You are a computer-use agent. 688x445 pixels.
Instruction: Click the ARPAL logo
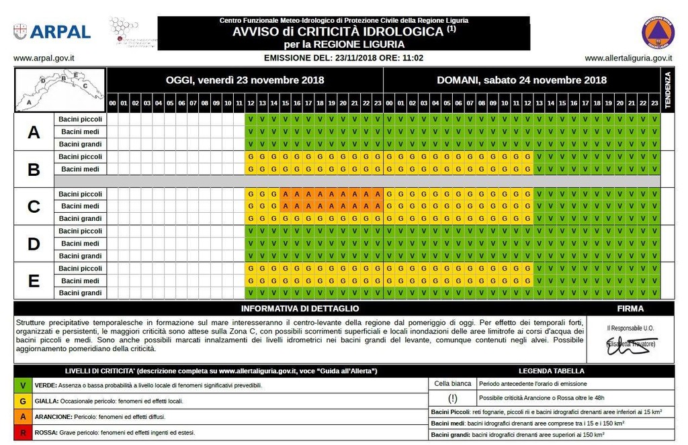pyautogui.click(x=52, y=32)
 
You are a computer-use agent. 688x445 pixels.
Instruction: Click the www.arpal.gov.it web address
pyautogui.click(x=44, y=58)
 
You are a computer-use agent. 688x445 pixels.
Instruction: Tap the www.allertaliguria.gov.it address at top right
pyautogui.click(x=628, y=58)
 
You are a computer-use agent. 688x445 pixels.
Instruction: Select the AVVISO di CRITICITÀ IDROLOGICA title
pyautogui.click(x=343, y=32)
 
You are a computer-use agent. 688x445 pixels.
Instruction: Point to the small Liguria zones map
pyautogui.click(x=60, y=89)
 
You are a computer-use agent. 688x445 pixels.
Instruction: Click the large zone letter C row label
pyautogui.click(x=34, y=207)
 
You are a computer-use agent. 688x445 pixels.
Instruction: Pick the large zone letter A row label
pyautogui.click(x=34, y=132)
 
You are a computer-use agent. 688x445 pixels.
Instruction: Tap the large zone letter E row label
pyautogui.click(x=34, y=281)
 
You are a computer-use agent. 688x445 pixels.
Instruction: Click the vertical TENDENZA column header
pyautogui.click(x=668, y=90)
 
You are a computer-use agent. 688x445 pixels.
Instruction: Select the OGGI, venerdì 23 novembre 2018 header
pyautogui.click(x=245, y=80)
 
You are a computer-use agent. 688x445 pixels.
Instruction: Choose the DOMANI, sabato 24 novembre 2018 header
pyautogui.click(x=521, y=80)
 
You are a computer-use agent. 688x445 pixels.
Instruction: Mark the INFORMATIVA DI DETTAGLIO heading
pyautogui.click(x=300, y=309)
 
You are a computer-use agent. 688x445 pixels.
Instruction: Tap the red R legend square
pyautogui.click(x=24, y=433)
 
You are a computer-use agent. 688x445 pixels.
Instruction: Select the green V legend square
pyautogui.click(x=24, y=385)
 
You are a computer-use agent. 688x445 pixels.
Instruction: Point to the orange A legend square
pyautogui.click(x=24, y=417)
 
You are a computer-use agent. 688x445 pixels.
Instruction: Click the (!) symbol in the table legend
pyautogui.click(x=452, y=398)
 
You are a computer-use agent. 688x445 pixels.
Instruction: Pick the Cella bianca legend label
pyautogui.click(x=452, y=384)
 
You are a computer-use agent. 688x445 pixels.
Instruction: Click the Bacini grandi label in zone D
pyautogui.click(x=79, y=256)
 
